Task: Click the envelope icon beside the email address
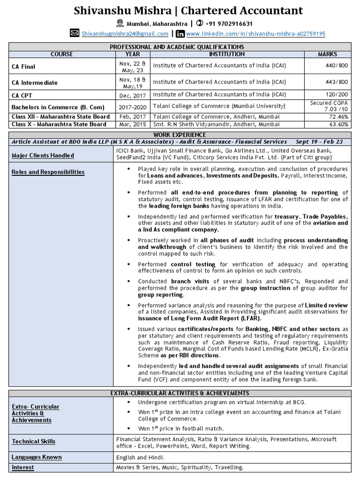pos(75,33)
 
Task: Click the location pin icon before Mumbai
pos(120,23)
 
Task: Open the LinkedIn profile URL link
pos(255,34)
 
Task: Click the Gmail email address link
pos(125,34)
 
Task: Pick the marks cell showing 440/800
pos(337,66)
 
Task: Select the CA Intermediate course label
pos(35,82)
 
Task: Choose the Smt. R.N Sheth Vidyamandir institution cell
pos(216,125)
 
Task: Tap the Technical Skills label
pos(33,442)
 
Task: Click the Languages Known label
pos(37,457)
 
